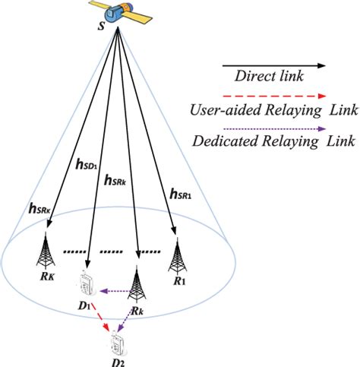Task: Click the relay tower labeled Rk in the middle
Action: (x=137, y=284)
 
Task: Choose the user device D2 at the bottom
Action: (x=117, y=341)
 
